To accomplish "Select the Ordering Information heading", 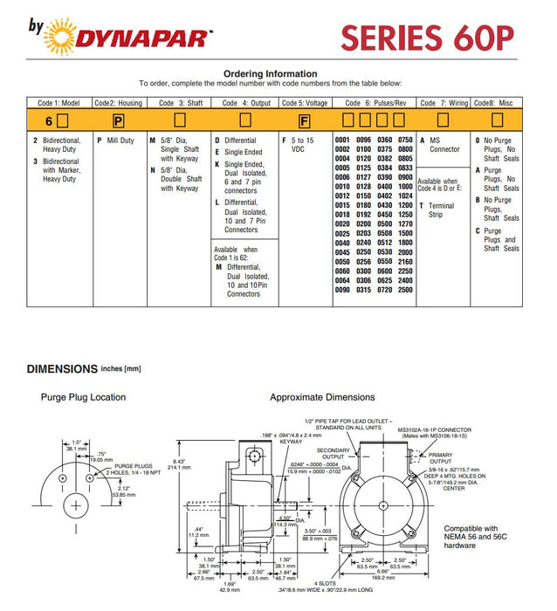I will (x=271, y=73).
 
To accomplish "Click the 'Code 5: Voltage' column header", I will (x=306, y=103).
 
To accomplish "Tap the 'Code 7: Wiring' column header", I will (x=444, y=103).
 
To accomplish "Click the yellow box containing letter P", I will (x=118, y=120).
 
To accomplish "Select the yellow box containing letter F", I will (x=304, y=120).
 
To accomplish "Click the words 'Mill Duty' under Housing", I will (x=120, y=141).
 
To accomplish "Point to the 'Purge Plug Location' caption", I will (x=83, y=397).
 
